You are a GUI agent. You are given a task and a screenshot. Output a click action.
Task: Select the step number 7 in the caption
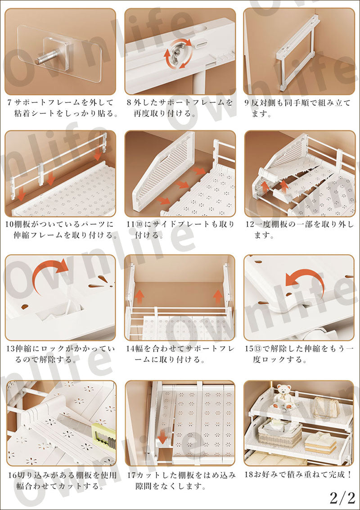point(10,102)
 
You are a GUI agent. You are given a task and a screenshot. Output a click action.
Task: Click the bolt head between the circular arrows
point(180,53)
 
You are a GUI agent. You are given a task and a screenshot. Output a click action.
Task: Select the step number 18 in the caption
point(249,475)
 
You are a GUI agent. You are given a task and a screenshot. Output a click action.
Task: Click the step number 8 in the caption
point(129,102)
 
